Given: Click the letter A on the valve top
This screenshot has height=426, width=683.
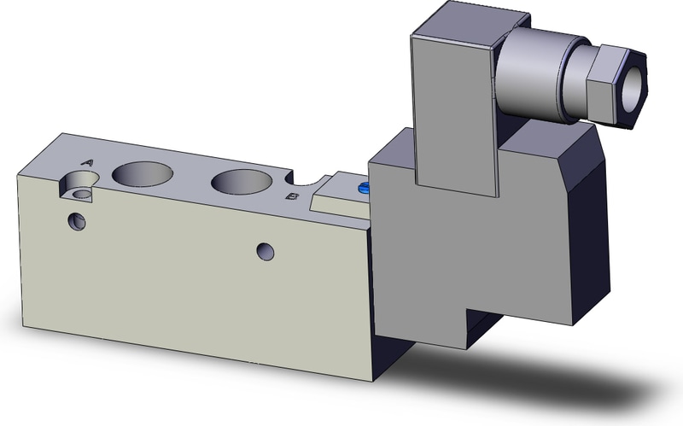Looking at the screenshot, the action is [x=88, y=163].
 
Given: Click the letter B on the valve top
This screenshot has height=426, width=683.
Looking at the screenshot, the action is [x=292, y=196].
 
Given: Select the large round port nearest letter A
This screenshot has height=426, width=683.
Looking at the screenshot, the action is [x=143, y=173].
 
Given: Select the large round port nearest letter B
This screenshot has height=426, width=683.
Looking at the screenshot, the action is [x=242, y=181].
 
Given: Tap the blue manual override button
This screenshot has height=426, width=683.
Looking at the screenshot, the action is [x=364, y=188].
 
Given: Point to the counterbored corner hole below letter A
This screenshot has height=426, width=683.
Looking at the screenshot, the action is [x=79, y=185].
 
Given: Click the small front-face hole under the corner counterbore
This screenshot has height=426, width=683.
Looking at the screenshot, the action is [x=77, y=222].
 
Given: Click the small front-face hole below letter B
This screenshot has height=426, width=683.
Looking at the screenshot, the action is [x=266, y=252].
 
